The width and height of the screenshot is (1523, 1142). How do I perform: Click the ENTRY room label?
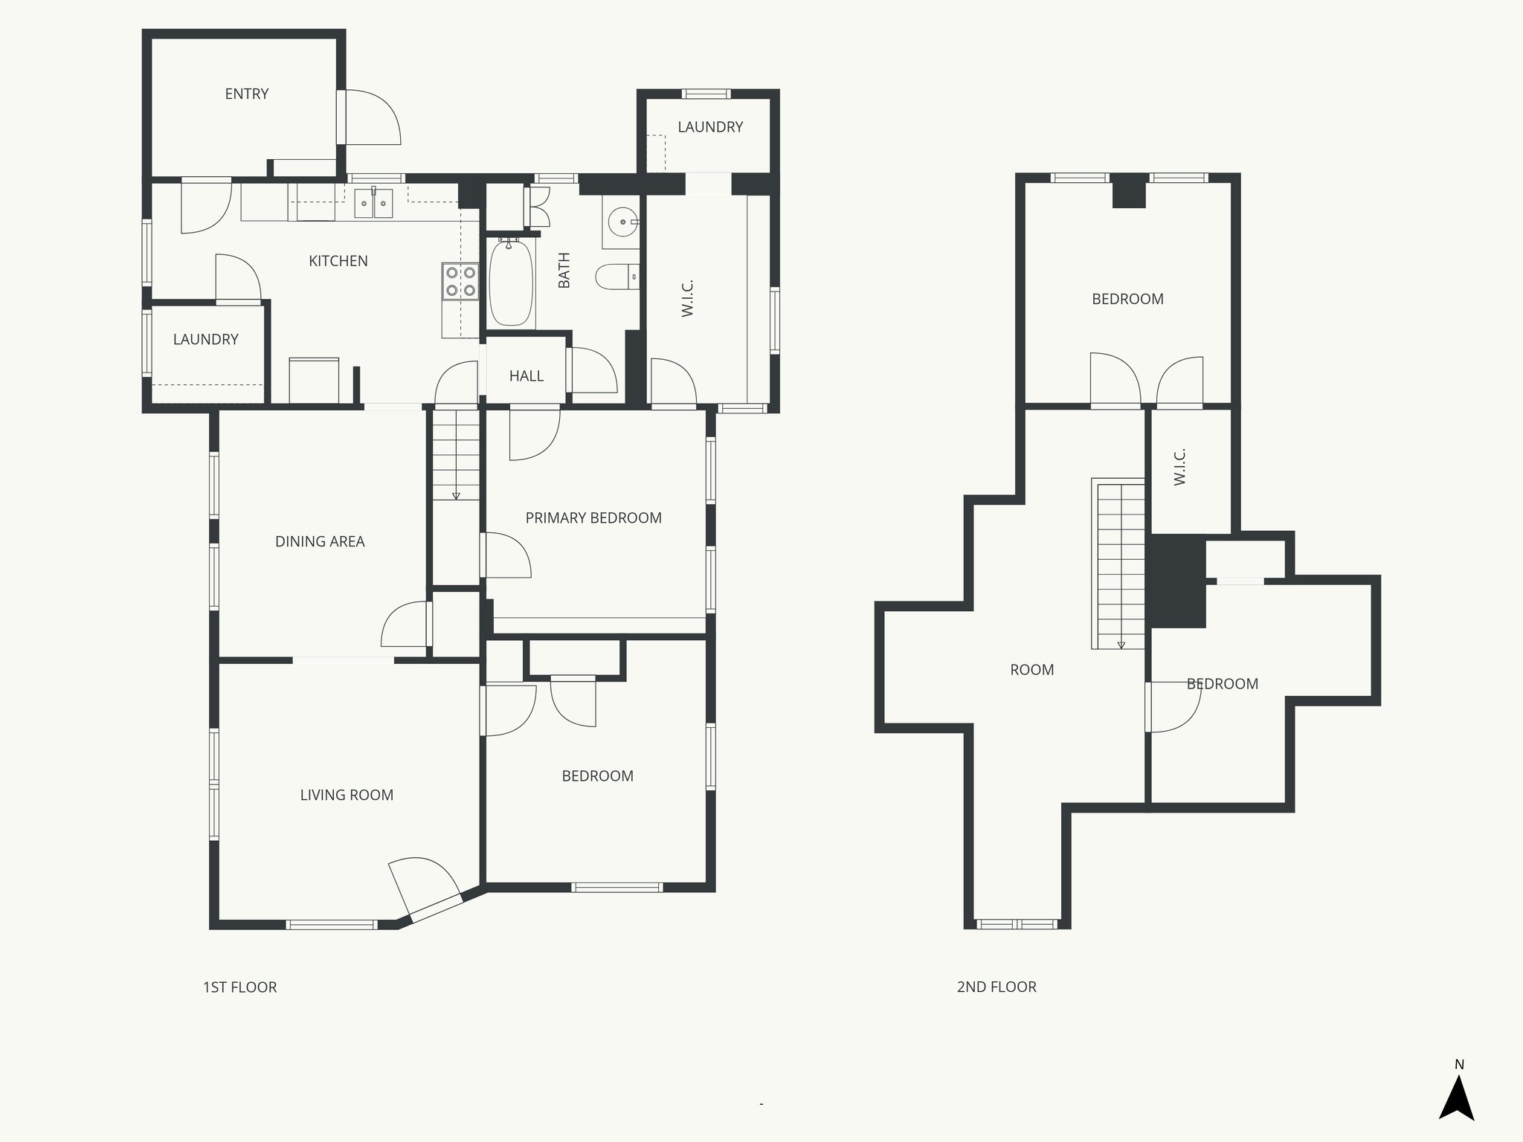(x=246, y=94)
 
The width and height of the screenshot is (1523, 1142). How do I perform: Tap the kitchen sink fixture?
(x=373, y=203)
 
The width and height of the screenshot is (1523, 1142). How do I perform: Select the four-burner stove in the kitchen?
(x=460, y=281)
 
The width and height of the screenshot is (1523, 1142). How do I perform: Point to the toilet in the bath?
(x=616, y=277)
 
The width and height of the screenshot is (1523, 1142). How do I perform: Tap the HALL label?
(x=526, y=376)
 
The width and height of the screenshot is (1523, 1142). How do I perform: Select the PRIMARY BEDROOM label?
(x=593, y=518)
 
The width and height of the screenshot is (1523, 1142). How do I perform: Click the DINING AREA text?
(x=320, y=542)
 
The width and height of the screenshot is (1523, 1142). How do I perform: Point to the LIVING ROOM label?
(x=347, y=796)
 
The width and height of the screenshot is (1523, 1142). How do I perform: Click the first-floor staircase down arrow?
(x=456, y=495)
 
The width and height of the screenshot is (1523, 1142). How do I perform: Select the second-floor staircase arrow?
(x=1121, y=645)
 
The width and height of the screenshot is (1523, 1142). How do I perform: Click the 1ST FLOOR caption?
(x=239, y=987)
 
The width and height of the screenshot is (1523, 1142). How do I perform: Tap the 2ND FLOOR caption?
(x=996, y=987)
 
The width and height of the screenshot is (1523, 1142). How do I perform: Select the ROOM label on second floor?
(x=1031, y=670)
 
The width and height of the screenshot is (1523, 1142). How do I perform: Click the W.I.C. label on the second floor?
(x=1179, y=467)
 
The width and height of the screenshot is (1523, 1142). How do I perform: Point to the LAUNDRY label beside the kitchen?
(x=205, y=340)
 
